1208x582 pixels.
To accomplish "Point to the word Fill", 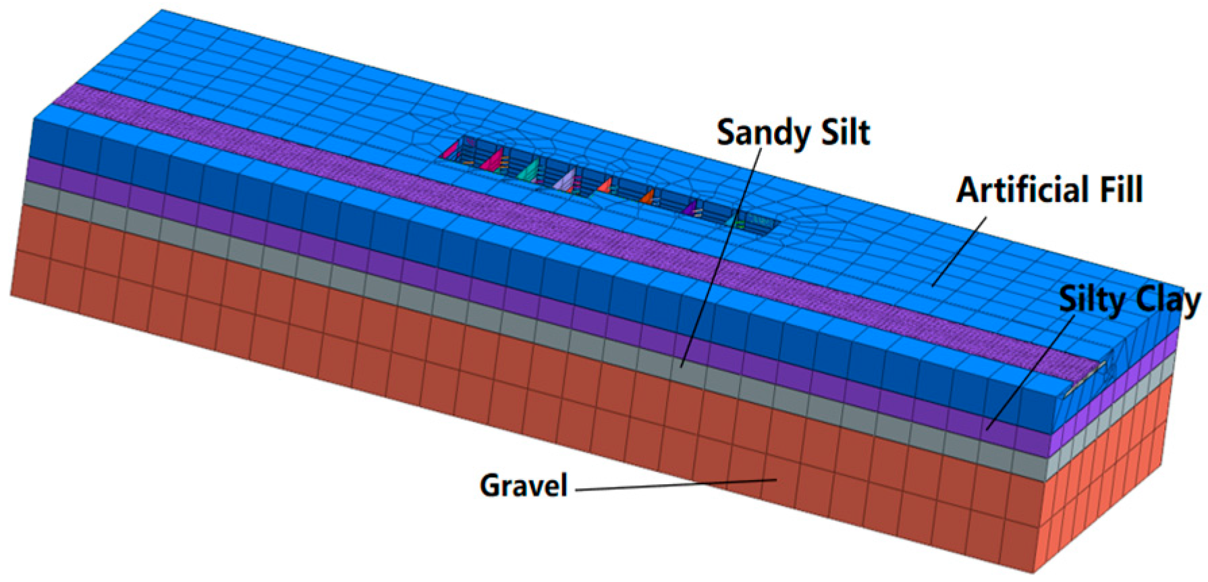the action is [x=1117, y=190].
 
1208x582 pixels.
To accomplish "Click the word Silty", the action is [x=1090, y=300].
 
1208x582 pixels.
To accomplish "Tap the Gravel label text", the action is [x=523, y=485].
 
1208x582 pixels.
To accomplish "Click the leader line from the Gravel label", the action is [x=675, y=484].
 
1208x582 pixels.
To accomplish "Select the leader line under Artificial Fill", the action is [x=959, y=250].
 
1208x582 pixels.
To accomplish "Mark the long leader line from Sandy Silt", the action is [x=722, y=257].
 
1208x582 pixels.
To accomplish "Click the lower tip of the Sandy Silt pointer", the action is [x=682, y=367].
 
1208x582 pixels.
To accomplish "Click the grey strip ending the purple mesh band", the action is [x=1086, y=379].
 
